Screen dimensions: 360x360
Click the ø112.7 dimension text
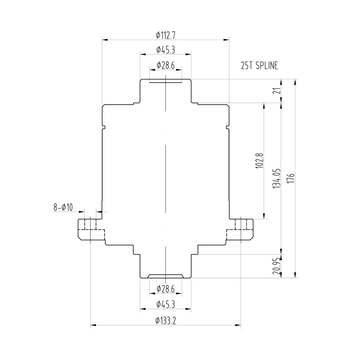tap(165, 35)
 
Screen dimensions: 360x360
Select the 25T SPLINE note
tap(259, 66)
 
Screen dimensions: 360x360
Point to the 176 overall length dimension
tap(292, 179)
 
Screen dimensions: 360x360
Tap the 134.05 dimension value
tap(277, 179)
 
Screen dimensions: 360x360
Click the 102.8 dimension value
tap(260, 161)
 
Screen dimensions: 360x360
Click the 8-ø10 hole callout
tap(63, 207)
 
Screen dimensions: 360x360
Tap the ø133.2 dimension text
tap(165, 321)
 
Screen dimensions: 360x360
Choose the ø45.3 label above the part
tap(165, 50)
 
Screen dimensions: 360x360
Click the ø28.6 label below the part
tap(165, 289)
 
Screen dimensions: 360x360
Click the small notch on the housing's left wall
tap(103, 127)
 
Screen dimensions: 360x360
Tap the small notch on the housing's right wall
tap(228, 127)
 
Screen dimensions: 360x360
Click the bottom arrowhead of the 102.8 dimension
tap(264, 216)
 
